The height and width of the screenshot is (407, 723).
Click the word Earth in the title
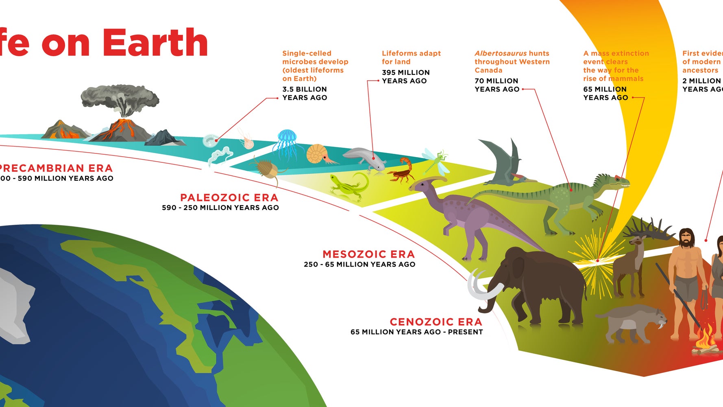155,43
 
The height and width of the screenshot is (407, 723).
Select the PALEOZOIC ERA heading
229,198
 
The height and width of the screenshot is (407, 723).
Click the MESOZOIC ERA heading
368,254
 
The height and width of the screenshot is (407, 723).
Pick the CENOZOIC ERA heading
436,322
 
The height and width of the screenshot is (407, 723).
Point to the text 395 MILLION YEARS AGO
405,77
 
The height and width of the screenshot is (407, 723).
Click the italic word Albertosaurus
501,53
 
